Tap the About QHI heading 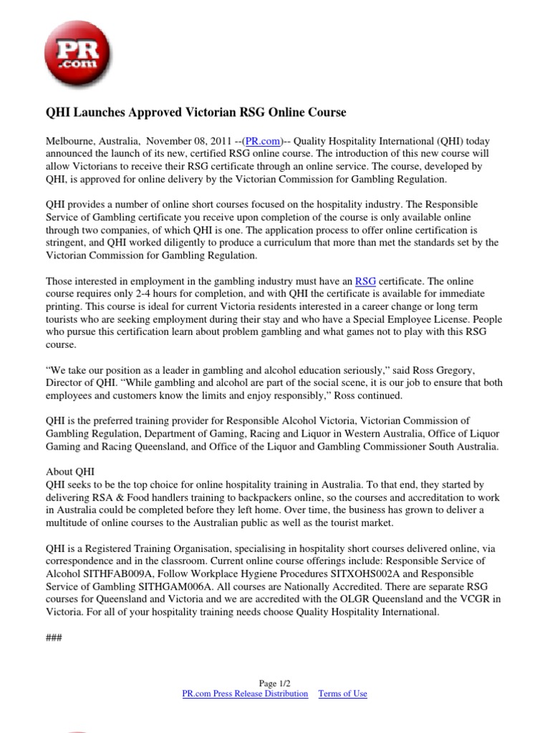coord(70,472)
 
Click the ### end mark coord(54,637)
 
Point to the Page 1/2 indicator coord(275,684)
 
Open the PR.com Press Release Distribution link coord(246,694)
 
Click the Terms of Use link coord(342,694)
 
